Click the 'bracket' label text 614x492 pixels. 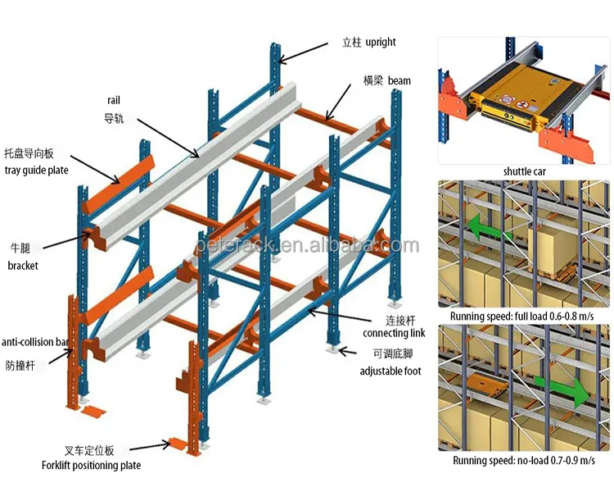pos(24,266)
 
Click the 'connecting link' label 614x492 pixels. pos(395,333)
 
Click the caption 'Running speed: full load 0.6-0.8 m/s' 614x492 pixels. pos(521,316)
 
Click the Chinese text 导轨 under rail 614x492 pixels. pos(114,118)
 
